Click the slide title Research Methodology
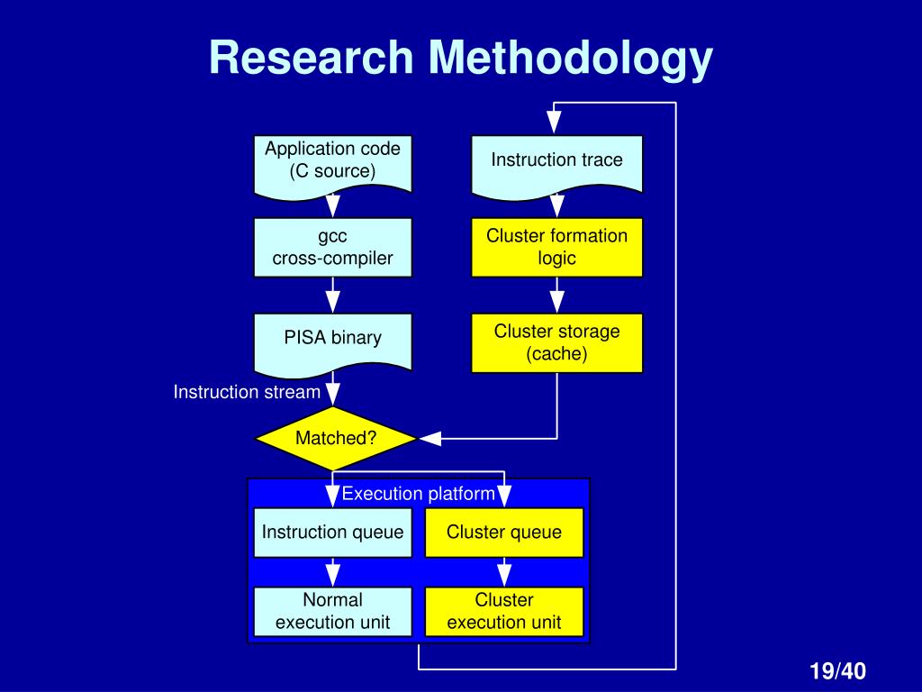[461, 58]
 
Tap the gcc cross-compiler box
[333, 247]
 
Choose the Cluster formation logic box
[556, 247]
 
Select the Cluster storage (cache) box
[556, 342]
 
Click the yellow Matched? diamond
[335, 439]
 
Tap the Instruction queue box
[333, 532]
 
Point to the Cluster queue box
[504, 532]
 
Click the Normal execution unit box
[333, 611]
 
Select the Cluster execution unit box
[504, 611]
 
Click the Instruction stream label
[247, 392]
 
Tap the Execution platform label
[418, 493]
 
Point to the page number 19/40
[836, 671]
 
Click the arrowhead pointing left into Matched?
[430, 439]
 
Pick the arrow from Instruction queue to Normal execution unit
[333, 572]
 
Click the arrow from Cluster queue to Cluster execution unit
[504, 572]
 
